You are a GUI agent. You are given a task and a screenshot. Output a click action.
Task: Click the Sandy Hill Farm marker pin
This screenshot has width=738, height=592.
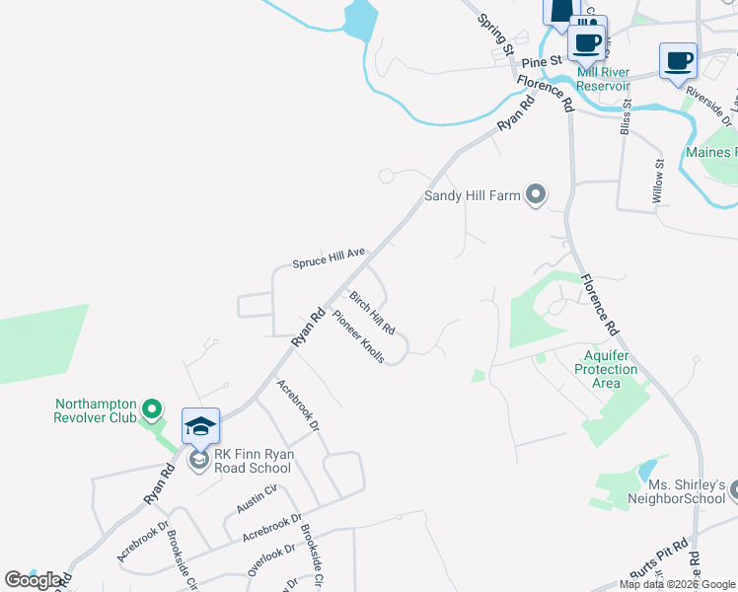tap(536, 194)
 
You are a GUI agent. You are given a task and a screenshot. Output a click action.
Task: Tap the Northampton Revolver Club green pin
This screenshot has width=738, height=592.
tap(152, 407)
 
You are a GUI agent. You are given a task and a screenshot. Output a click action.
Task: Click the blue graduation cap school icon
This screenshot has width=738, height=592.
tap(200, 427)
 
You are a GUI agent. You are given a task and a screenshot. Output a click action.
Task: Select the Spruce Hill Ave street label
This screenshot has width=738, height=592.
tap(329, 259)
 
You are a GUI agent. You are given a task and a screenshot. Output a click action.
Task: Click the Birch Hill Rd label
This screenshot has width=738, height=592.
tap(373, 313)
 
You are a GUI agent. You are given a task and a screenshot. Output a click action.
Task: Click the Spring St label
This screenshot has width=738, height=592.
tap(496, 35)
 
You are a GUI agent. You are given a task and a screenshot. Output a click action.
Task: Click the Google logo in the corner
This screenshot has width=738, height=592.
tap(35, 580)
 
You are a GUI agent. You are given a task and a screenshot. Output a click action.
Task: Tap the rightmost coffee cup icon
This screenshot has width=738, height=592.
tap(678, 60)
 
